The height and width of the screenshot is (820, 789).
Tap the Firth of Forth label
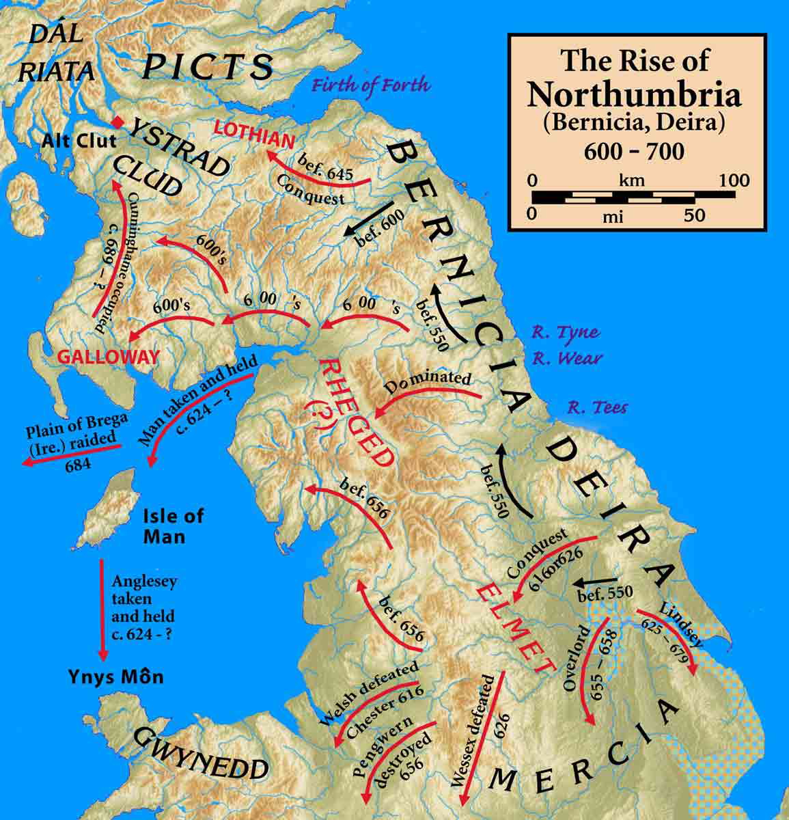[x=372, y=85]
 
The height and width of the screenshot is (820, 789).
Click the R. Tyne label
[x=567, y=333]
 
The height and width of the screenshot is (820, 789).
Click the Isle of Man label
[x=174, y=526]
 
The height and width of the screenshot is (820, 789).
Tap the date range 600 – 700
[x=633, y=151]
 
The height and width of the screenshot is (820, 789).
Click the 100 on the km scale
[x=734, y=181]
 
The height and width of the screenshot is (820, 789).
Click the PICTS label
[x=208, y=66]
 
